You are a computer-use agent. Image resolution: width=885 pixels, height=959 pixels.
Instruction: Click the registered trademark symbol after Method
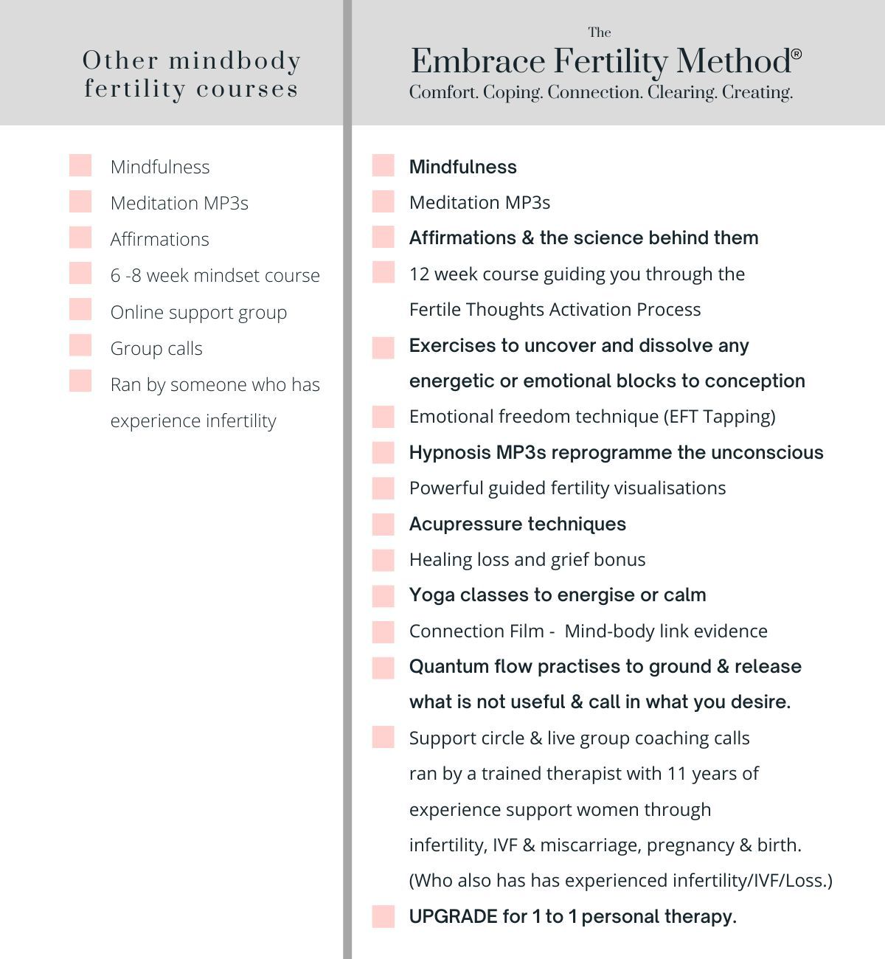point(796,54)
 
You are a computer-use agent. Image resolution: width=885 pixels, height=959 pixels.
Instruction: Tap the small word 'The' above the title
point(600,32)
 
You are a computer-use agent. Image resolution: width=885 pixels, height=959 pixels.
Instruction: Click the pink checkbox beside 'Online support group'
point(80,309)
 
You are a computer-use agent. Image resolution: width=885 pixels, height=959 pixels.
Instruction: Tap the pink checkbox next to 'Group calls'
point(80,345)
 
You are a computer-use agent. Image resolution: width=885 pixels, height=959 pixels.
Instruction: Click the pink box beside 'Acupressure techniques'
point(383,524)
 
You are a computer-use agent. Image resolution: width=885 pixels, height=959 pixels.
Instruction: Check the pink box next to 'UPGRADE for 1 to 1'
point(383,916)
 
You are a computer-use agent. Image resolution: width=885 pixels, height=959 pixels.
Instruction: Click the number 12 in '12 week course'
point(419,274)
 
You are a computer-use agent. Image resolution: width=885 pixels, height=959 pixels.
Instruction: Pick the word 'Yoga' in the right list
point(432,595)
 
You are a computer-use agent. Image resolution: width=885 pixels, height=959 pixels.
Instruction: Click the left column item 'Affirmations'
point(159,239)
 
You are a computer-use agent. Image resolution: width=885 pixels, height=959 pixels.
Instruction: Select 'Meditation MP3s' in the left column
point(179,203)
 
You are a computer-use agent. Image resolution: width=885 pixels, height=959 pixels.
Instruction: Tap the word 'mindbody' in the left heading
point(235,60)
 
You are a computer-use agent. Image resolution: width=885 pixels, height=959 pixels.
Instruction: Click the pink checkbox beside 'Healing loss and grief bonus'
point(383,560)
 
